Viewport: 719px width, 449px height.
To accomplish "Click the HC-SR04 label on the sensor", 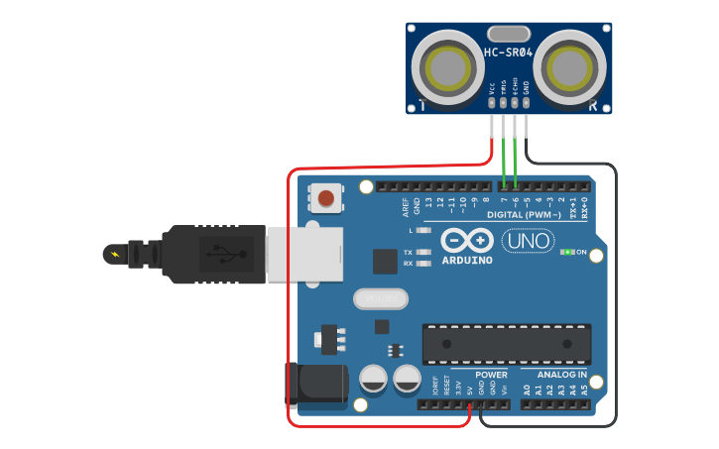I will tap(510, 52).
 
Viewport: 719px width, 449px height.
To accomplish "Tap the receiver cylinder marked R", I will tap(569, 67).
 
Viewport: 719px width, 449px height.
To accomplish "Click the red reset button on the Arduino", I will tap(325, 198).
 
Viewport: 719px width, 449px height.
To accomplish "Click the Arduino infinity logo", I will tap(467, 241).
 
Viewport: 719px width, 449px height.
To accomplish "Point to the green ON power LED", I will tap(568, 252).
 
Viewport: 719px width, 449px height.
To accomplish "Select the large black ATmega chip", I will tap(507, 343).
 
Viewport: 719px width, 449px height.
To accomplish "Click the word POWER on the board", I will tap(491, 375).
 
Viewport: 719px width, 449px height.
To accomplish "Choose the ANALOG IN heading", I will tap(561, 375).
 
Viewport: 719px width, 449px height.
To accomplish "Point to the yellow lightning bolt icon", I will tap(118, 255).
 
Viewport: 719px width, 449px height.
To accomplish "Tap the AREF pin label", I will tap(405, 206).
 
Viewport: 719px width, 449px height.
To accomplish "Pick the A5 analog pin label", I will tap(585, 391).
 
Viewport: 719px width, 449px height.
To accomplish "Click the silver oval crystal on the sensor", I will tap(509, 33).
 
